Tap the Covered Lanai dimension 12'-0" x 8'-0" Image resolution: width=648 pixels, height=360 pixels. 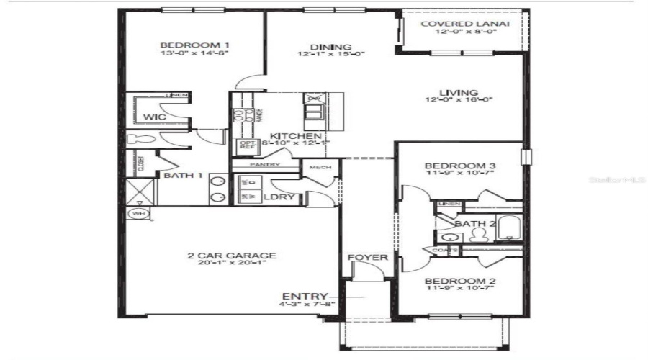click(464, 34)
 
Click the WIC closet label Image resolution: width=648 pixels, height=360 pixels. click(154, 117)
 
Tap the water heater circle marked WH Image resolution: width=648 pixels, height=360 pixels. click(137, 214)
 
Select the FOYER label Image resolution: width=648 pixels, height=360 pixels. click(367, 257)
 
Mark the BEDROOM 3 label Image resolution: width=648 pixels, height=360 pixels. click(459, 165)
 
